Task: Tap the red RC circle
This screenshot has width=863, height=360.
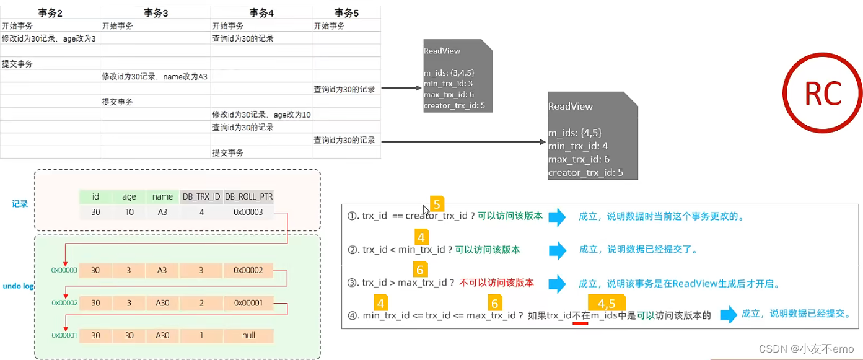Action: coord(823,94)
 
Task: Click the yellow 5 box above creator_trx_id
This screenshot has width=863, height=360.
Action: coord(437,204)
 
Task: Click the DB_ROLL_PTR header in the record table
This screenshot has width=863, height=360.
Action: coord(248,196)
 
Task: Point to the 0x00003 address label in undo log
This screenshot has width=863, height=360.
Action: coord(64,271)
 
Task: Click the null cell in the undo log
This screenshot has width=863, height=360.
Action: coord(247,336)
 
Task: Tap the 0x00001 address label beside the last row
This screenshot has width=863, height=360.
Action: coord(64,336)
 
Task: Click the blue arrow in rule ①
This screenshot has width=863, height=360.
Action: coord(557,217)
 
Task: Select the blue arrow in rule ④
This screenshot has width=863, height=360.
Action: coord(729,314)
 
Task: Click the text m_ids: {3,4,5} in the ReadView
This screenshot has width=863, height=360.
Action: coord(449,73)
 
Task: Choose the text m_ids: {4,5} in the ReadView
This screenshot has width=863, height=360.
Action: coord(575,133)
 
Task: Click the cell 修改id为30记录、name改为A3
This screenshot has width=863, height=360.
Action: coord(155,76)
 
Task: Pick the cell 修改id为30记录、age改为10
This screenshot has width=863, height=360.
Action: coord(261,115)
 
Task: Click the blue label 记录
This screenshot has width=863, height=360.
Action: coord(20,203)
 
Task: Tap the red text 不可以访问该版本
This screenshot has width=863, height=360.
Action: coord(496,283)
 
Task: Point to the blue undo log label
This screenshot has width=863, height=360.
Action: coord(17,286)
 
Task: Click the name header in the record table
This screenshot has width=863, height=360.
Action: coord(162,196)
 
